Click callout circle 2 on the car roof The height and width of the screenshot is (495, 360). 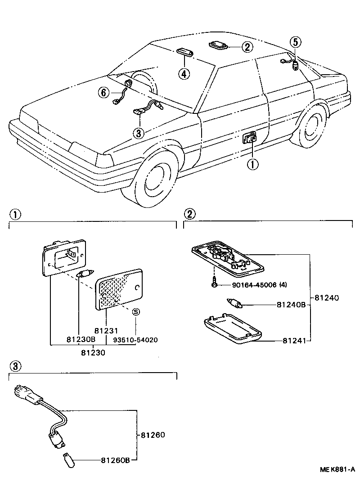coord(246,46)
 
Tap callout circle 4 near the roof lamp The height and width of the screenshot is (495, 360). coord(183,73)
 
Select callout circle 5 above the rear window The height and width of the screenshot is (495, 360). coord(295,43)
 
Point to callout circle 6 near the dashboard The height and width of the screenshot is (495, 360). coord(104,93)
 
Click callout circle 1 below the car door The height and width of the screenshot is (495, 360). coord(252,165)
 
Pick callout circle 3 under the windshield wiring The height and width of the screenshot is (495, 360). coord(139,133)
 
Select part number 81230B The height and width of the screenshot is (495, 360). coord(79,340)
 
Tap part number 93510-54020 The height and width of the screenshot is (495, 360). coord(135,340)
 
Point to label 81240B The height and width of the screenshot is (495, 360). coord(291,305)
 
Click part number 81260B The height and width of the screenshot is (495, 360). coord(115,460)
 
